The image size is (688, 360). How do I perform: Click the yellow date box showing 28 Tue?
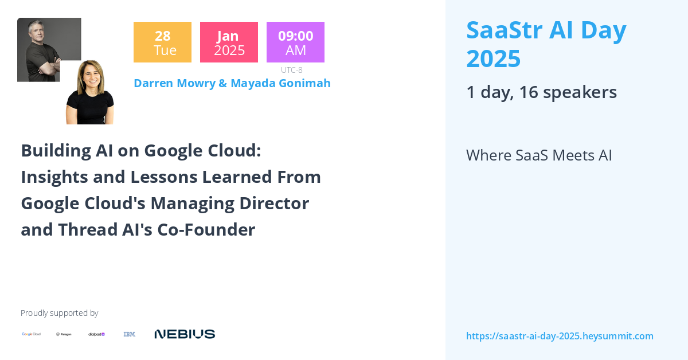[x=162, y=42]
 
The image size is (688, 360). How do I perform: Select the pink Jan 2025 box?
[x=229, y=42]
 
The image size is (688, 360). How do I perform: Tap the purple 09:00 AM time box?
[x=295, y=42]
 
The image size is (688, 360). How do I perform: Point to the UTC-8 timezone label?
[x=292, y=70]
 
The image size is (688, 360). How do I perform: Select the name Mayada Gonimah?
[x=280, y=83]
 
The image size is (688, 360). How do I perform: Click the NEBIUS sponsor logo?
[x=185, y=334]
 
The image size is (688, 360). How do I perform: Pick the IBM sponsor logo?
[x=130, y=334]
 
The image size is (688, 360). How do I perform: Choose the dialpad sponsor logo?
[x=96, y=334]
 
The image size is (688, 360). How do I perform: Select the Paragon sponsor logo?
[x=64, y=334]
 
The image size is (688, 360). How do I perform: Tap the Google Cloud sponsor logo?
[x=32, y=334]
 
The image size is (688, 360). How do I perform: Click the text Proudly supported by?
[x=59, y=313]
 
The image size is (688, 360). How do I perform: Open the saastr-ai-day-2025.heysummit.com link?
[x=560, y=336]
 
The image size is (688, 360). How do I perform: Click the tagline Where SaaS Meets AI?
[x=539, y=155]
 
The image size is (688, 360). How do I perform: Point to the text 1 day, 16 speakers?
[x=541, y=92]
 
